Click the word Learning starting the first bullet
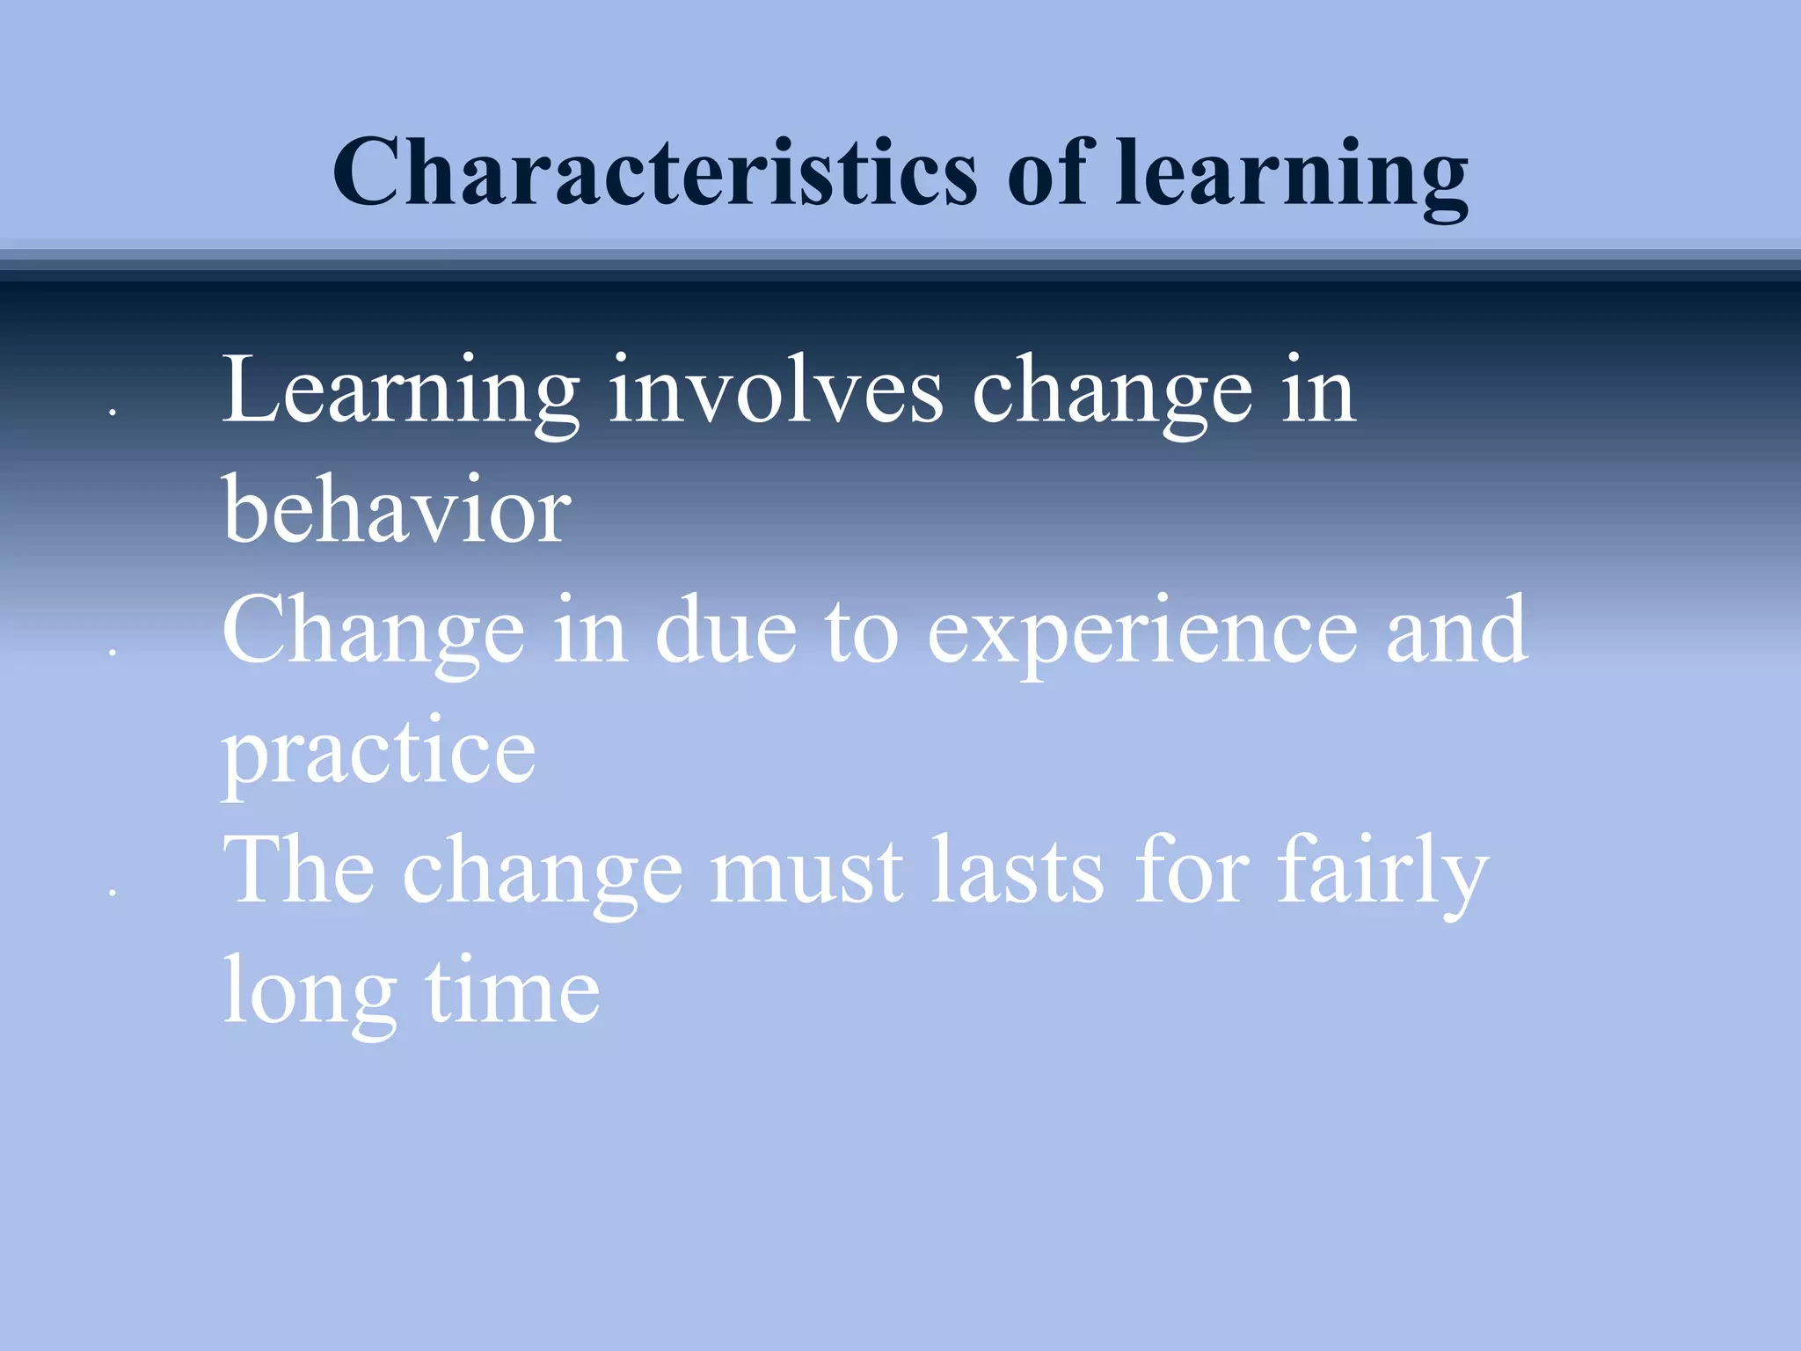400,391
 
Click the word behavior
397,510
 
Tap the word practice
378,753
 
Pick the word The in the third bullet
299,870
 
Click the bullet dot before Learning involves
113,411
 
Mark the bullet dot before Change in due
113,652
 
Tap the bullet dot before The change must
113,893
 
